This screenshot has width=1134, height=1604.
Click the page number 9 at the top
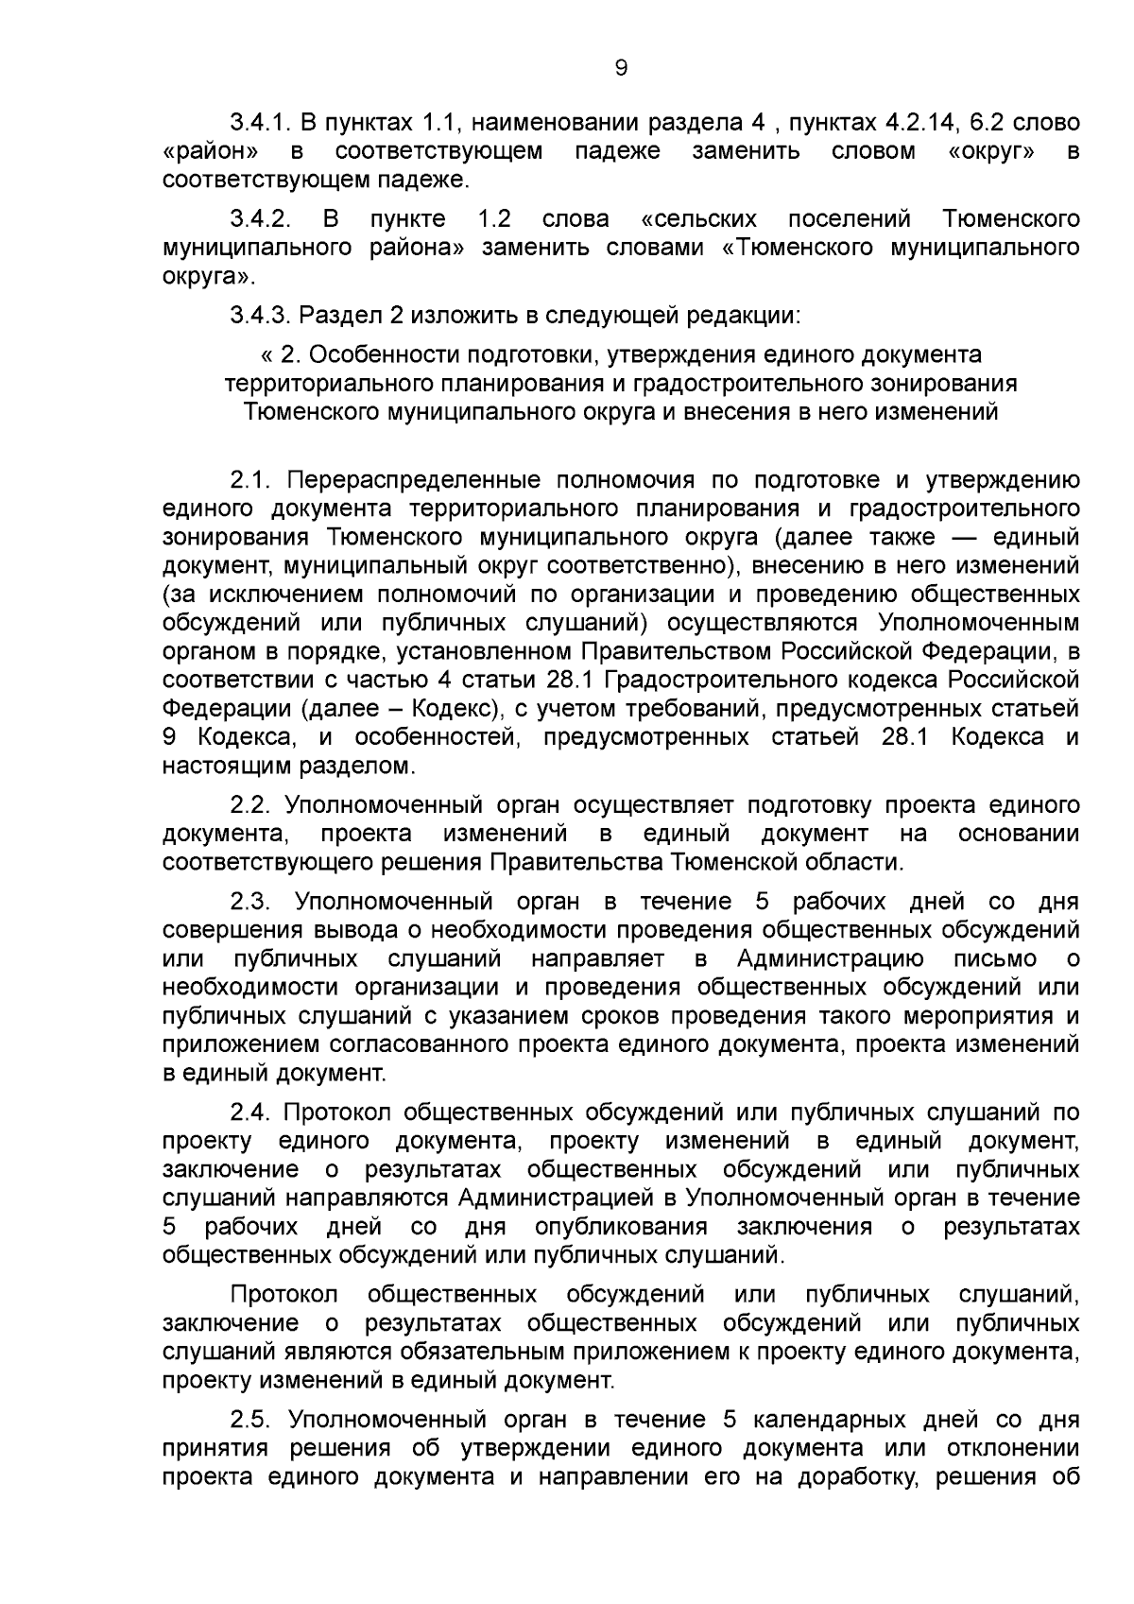click(621, 68)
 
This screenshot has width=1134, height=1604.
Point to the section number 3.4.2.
click(258, 220)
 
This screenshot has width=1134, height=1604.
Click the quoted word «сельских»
click(698, 220)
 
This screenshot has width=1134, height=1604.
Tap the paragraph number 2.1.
click(250, 480)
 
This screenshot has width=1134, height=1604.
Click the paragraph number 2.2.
click(250, 805)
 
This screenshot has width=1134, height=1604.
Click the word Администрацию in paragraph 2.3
click(830, 959)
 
